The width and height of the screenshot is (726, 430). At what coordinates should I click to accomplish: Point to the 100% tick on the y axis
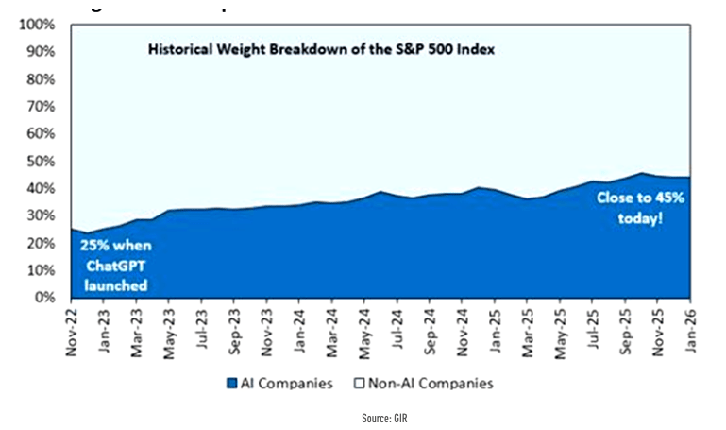coord(36,24)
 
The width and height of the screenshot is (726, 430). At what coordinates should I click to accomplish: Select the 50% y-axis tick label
coord(40,161)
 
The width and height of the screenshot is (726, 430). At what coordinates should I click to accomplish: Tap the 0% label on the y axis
coord(43,297)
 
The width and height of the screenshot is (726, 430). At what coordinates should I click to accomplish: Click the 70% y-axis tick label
coord(40,106)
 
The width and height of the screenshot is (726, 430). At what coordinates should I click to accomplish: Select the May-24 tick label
coord(363,328)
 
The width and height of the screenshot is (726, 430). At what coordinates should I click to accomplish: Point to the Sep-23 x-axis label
coord(233,328)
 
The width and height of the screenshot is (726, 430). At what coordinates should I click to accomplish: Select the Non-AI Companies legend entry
coord(425,383)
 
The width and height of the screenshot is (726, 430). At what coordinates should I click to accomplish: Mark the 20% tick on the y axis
coord(40,243)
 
